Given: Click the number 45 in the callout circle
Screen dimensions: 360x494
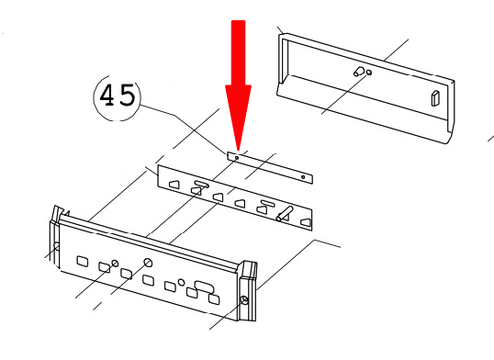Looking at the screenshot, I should (x=117, y=96).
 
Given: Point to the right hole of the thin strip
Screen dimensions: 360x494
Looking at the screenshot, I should (x=303, y=177).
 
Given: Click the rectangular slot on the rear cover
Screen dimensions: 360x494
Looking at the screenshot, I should (x=435, y=98).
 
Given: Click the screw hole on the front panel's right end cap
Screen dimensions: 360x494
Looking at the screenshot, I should (x=243, y=300).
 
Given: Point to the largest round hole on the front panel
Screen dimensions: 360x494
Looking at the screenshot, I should (x=148, y=263).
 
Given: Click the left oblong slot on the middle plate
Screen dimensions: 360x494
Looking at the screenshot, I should (x=197, y=187).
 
